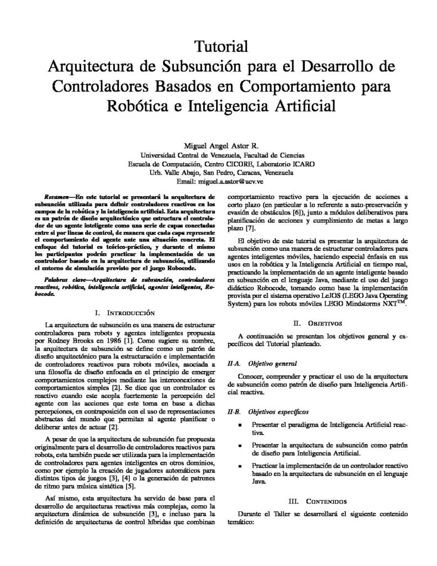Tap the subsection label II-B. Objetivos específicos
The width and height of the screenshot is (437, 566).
point(262,412)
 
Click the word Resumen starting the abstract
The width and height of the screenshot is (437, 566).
point(57,196)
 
